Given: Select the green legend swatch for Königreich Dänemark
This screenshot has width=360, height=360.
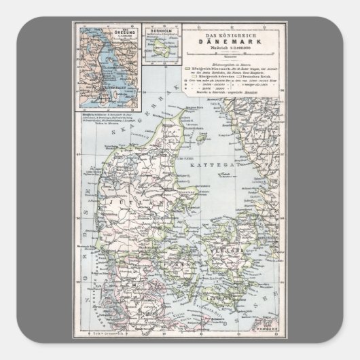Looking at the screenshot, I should [185, 69].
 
